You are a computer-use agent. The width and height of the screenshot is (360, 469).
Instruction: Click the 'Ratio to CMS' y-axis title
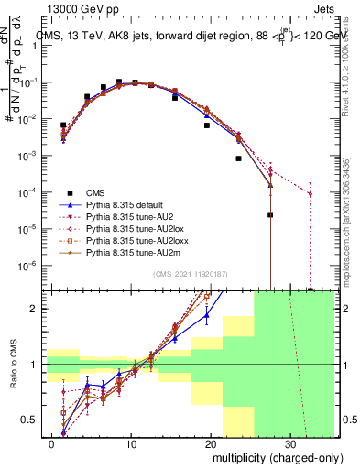click(x=12, y=365)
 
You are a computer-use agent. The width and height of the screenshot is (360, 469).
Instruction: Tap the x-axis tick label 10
click(x=132, y=443)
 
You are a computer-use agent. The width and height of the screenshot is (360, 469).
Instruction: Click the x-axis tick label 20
click(x=211, y=443)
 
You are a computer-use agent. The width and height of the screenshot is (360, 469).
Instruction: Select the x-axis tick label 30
click(x=289, y=443)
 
